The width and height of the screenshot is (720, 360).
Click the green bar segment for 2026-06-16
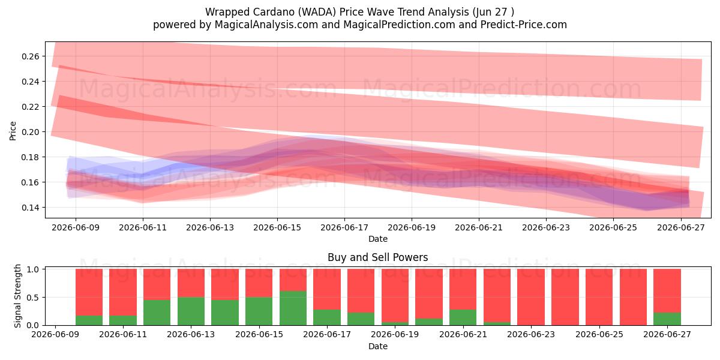tap(293, 308)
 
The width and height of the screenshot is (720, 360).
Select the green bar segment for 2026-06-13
tap(191, 311)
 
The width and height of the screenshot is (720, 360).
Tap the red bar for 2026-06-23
tap(531, 297)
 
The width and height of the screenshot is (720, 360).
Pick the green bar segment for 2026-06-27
tap(667, 319)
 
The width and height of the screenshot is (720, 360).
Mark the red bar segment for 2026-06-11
tap(123, 292)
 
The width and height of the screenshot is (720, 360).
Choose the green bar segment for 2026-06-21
tap(463, 317)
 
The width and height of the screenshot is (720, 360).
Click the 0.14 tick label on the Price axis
tap(31, 208)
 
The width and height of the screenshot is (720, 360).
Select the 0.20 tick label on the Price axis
tap(31, 132)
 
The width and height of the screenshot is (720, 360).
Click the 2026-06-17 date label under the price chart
tap(344, 227)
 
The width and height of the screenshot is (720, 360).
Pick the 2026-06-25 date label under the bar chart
tap(599, 334)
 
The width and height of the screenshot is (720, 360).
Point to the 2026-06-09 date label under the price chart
tap(76, 227)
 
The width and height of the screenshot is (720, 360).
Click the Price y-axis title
tap(13, 131)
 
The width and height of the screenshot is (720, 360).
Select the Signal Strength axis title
tap(17, 296)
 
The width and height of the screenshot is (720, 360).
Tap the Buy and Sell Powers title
tap(377, 257)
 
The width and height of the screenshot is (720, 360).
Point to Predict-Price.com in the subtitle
tap(524, 25)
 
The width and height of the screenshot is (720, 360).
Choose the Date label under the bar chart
tap(377, 346)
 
